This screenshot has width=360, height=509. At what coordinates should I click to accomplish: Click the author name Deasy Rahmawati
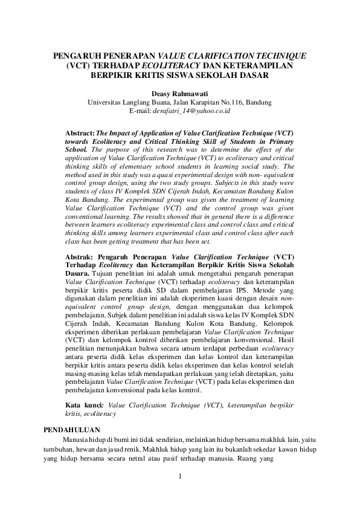pos(179,93)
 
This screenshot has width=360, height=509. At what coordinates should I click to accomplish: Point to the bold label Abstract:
pos(80,131)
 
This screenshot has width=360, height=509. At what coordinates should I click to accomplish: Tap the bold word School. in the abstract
pos(79,148)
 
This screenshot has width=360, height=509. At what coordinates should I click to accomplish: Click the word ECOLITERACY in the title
pos(176,66)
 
